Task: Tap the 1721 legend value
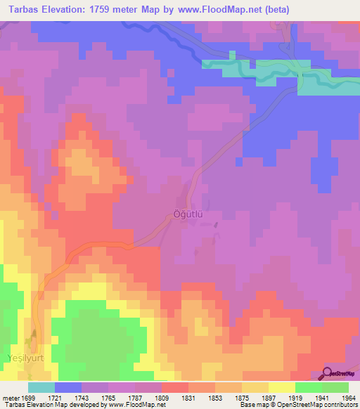55,397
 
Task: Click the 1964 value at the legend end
349,397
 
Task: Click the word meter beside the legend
9,397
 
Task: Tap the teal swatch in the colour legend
41,387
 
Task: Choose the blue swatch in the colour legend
68,387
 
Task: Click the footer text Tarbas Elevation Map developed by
53,405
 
